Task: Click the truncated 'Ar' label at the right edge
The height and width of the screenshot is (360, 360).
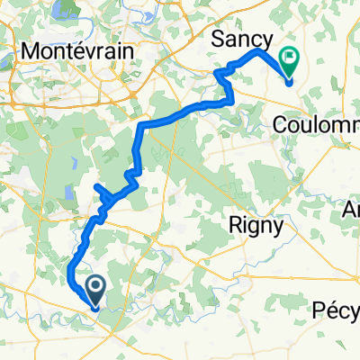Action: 352,209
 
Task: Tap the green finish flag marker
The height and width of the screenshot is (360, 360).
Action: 291,61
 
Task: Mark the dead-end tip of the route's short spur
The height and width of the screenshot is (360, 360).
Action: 95,186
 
